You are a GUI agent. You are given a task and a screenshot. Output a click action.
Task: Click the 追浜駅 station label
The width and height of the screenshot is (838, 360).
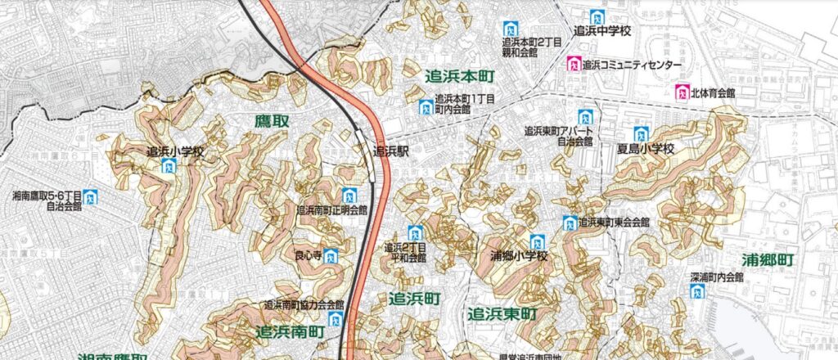click(x=390, y=151)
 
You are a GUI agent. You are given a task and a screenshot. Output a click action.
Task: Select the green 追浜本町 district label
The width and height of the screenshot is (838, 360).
click(x=461, y=76)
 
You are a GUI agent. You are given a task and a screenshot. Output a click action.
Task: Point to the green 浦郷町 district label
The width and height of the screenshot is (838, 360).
click(x=768, y=259)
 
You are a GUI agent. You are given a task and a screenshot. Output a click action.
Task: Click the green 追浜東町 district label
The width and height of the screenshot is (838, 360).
click(x=502, y=314)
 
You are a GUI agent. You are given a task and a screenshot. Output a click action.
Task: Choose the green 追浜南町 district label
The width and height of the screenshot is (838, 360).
click(x=290, y=332)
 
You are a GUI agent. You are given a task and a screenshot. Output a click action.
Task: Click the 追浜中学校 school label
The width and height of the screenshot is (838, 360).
click(x=605, y=32)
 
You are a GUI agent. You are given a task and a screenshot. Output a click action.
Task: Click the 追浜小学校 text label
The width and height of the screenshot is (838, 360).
click(x=175, y=151)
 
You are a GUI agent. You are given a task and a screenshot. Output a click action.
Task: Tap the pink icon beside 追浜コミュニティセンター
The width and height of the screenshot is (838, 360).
click(x=575, y=64)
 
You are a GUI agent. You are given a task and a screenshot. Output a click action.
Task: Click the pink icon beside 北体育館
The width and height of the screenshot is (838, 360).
click(x=680, y=92)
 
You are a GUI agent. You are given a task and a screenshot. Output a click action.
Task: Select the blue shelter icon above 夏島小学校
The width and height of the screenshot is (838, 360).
click(x=641, y=134)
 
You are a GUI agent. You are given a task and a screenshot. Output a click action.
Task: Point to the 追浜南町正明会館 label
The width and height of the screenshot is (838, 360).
click(x=331, y=210)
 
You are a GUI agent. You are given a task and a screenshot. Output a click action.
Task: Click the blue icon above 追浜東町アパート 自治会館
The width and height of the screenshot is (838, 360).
click(x=585, y=117)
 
